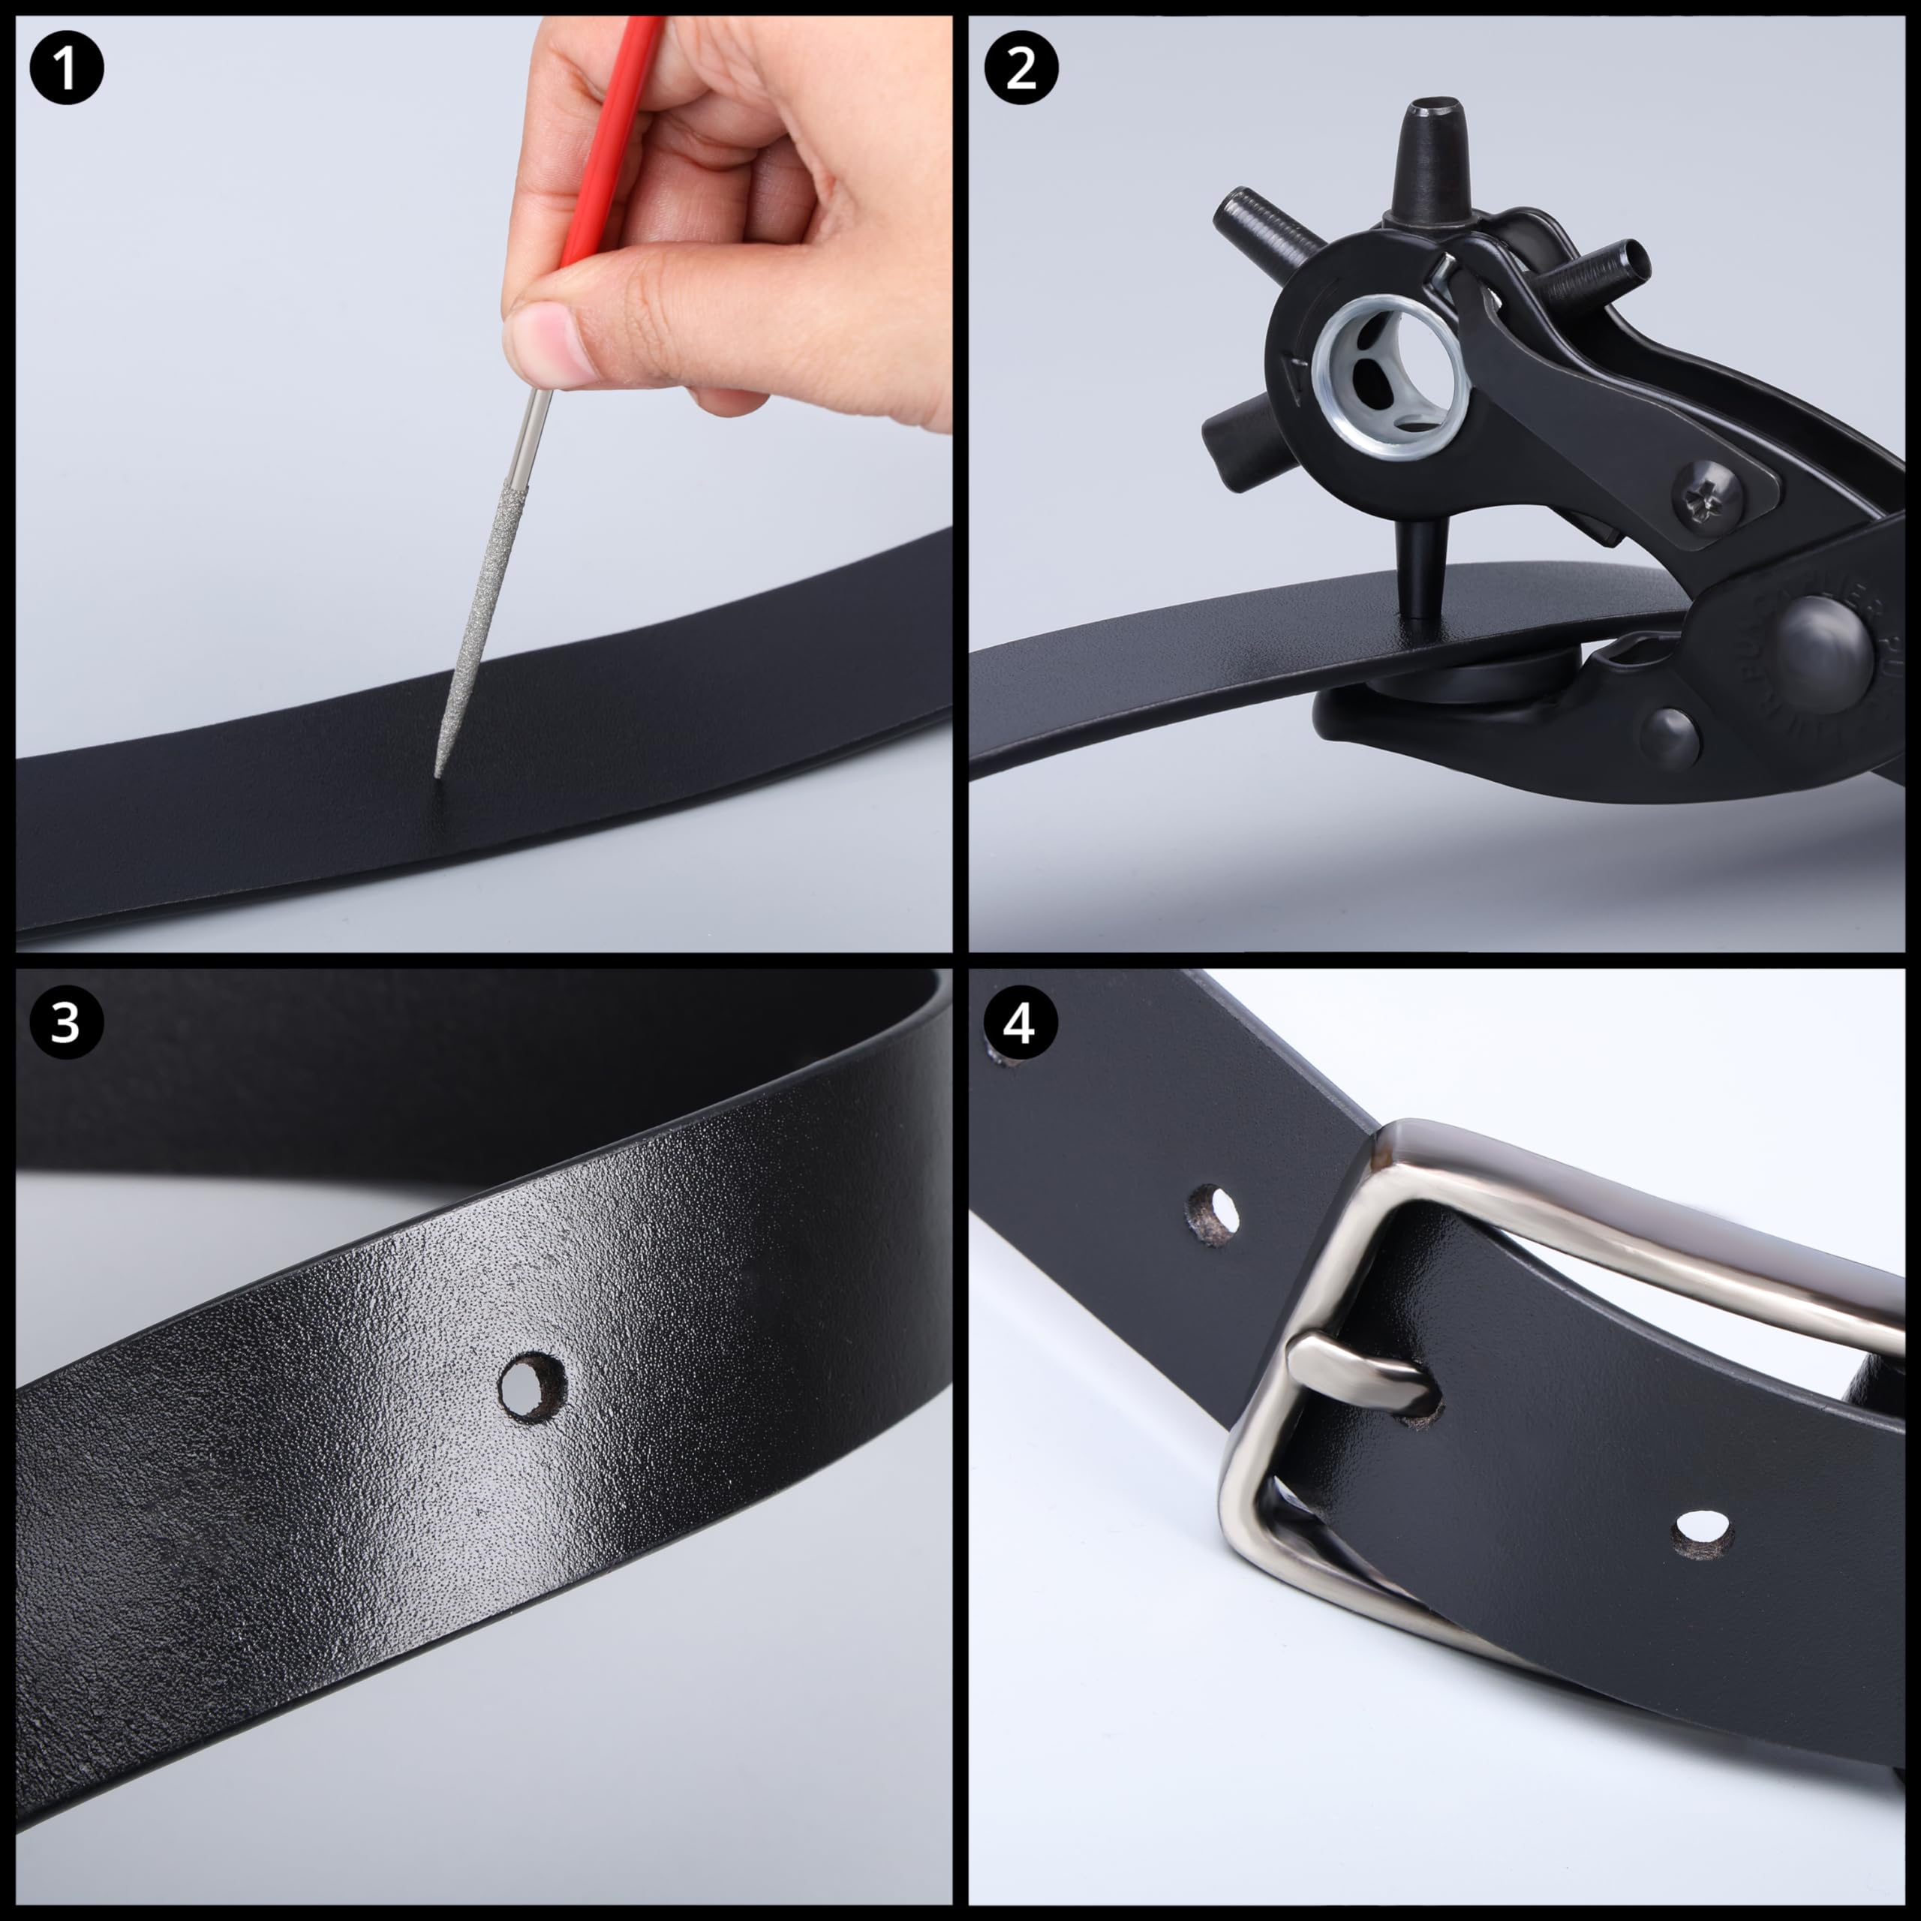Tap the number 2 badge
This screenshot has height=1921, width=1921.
(x=1021, y=68)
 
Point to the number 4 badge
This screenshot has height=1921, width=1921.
(x=1021, y=1021)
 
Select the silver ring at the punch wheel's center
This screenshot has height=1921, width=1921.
(x=1392, y=378)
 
